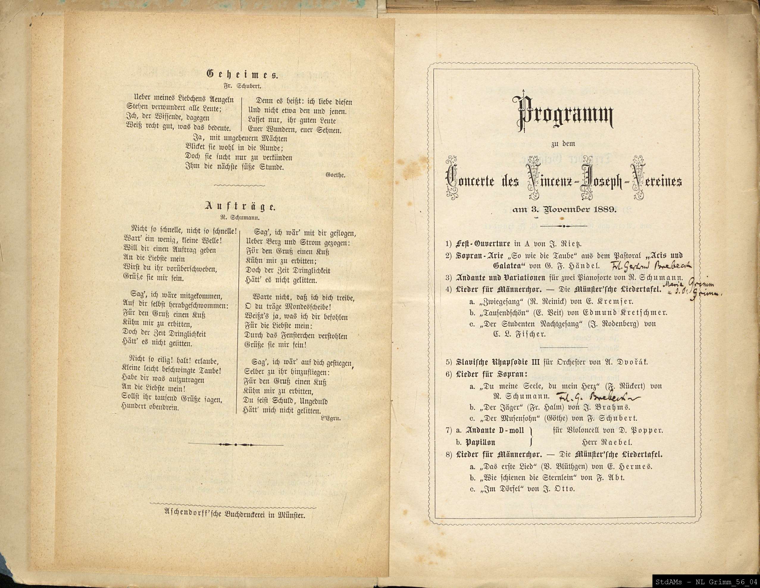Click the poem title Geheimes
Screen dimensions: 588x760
242,74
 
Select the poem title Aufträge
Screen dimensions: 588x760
240,207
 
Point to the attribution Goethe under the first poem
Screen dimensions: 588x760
335,175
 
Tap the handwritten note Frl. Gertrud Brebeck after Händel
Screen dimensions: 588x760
650,266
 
